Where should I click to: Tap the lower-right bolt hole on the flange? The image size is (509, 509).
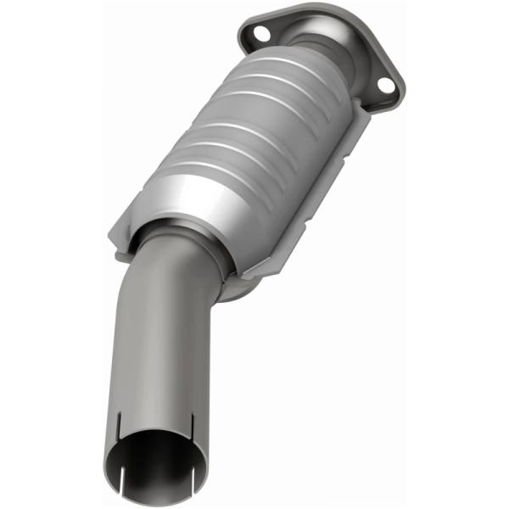tap(385, 86)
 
